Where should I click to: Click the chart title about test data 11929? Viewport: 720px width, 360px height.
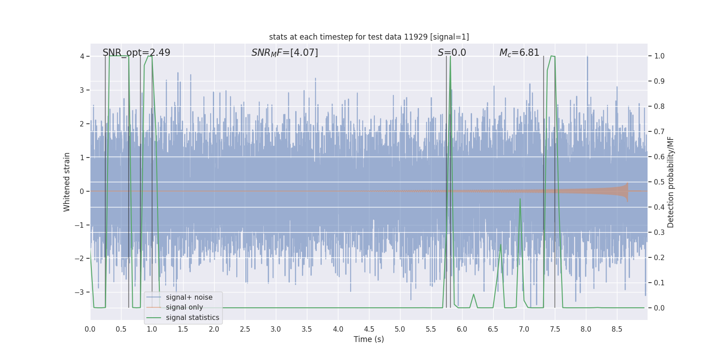click(x=369, y=37)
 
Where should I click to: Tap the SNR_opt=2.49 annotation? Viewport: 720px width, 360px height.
click(x=136, y=53)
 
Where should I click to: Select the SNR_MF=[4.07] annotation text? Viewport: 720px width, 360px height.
click(x=284, y=53)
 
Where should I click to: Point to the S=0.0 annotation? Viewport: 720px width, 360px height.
click(x=452, y=53)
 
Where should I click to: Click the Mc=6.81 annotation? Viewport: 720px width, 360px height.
click(x=519, y=53)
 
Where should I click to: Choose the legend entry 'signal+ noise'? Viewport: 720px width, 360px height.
click(x=189, y=297)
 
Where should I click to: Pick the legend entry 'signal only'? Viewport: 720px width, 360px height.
click(x=184, y=307)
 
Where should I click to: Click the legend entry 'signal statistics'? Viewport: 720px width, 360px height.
click(x=192, y=318)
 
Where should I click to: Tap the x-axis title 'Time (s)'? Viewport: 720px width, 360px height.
click(x=369, y=339)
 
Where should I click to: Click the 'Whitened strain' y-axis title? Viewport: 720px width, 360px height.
click(x=67, y=182)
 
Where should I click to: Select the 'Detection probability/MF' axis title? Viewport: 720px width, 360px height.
click(x=670, y=182)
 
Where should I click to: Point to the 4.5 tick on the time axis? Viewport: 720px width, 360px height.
click(x=369, y=329)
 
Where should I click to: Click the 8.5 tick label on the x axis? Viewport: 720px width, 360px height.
click(x=617, y=329)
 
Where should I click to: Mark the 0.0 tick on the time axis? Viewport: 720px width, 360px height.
click(x=90, y=329)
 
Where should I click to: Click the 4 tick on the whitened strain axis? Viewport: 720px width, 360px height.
click(x=82, y=56)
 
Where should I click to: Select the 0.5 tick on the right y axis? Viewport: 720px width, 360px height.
click(x=659, y=182)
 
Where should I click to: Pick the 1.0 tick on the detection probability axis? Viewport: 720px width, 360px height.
click(x=659, y=56)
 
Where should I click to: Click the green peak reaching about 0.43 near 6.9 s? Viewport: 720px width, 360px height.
click(x=520, y=199)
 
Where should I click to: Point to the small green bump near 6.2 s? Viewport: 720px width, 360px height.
click(x=473, y=295)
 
